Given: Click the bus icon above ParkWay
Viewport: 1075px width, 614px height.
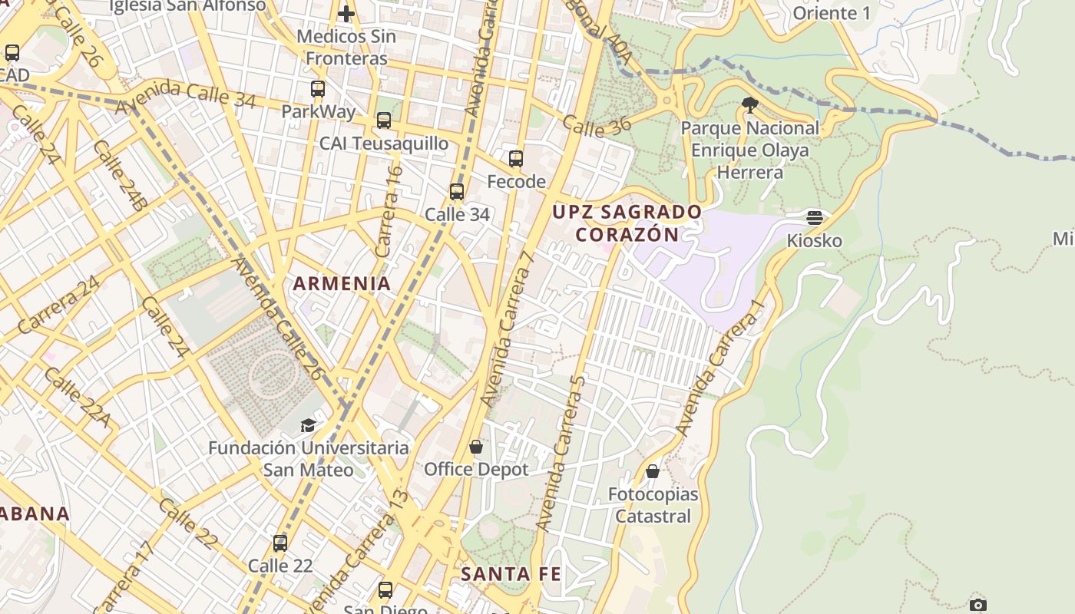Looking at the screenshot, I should (x=318, y=89).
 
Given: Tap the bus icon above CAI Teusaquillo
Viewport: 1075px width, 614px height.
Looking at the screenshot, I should (x=384, y=120).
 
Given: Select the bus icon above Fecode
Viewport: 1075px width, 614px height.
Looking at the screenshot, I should (x=516, y=159).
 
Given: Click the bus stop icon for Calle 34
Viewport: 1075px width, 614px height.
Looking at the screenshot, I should (x=457, y=192).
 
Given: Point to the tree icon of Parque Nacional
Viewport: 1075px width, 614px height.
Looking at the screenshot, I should (x=750, y=105).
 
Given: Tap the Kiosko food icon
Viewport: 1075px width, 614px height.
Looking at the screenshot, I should (x=815, y=218).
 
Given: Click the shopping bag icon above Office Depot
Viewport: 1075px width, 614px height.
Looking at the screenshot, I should (x=476, y=447).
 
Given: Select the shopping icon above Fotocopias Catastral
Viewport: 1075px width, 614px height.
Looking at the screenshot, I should (x=653, y=471).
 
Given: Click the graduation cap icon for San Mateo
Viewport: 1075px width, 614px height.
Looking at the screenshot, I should (x=308, y=425).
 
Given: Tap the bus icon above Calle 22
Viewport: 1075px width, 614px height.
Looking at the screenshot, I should (x=280, y=543).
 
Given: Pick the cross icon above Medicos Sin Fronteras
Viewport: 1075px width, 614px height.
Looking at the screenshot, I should (x=346, y=14).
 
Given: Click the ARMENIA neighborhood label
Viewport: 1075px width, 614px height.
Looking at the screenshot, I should (x=342, y=283).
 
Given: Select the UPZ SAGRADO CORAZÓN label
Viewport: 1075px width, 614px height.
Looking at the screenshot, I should (x=627, y=223).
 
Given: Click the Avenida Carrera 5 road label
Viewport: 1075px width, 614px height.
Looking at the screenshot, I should (x=561, y=453).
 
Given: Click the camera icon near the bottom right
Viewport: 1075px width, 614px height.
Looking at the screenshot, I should (x=977, y=605).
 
